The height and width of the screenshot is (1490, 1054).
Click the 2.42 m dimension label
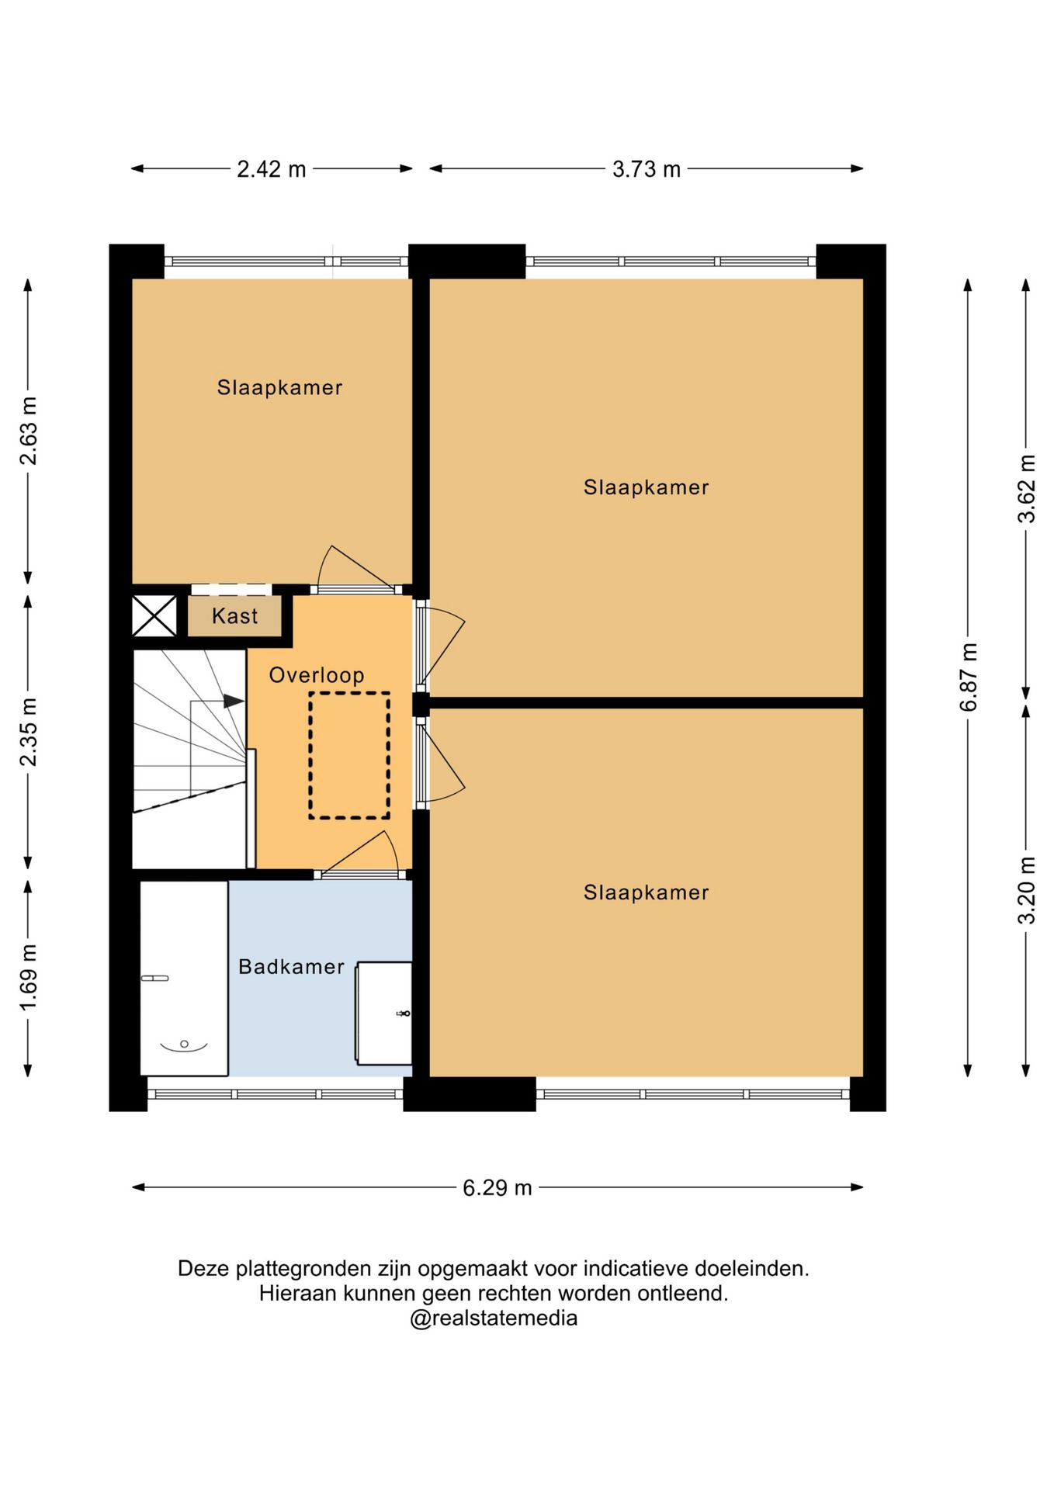tap(271, 169)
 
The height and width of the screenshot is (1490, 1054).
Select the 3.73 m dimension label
tap(646, 169)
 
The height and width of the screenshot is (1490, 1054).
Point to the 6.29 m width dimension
tap(497, 1188)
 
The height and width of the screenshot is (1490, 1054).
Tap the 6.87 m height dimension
tap(969, 677)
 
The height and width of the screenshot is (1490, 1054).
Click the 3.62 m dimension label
tap(1027, 489)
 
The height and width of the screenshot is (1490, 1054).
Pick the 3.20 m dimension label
tap(1027, 890)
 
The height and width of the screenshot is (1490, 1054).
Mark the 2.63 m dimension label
tap(29, 431)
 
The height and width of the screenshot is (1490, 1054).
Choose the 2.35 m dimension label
tap(29, 732)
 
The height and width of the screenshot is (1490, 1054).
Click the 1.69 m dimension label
tap(29, 978)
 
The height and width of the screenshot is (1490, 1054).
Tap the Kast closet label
tap(234, 616)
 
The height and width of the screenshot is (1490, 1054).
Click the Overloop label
tap(317, 675)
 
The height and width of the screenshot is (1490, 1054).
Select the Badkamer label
tap(291, 967)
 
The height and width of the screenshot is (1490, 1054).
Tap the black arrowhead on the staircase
tap(234, 701)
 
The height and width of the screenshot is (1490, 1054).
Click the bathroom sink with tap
tap(383, 1013)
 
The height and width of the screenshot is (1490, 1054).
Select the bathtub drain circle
tap(184, 1044)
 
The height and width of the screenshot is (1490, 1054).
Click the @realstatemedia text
tap(494, 1318)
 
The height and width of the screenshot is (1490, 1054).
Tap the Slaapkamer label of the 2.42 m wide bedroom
tap(279, 387)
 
